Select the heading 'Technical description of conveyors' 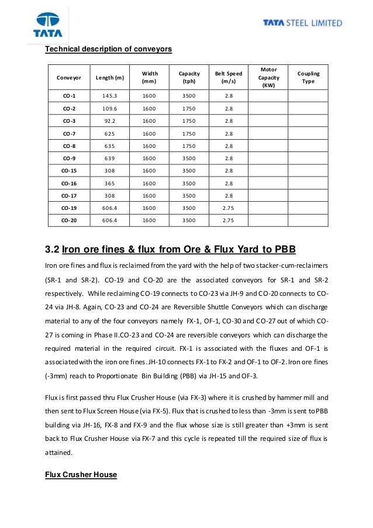tap(109, 50)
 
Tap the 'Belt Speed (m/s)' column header tap(228, 77)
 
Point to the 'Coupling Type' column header tap(308, 77)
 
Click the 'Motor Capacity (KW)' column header tap(268, 77)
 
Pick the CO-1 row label tap(69, 95)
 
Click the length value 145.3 tap(109, 95)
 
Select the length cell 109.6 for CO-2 tap(109, 108)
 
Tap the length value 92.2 tap(109, 121)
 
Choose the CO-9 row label tap(69, 158)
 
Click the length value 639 tap(109, 158)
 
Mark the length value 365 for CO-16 tap(109, 184)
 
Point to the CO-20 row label tap(69, 220)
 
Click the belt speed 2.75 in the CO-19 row tap(228, 208)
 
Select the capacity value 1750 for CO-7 tap(189, 133)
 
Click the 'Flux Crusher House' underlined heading tap(81, 475)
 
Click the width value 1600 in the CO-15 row tap(149, 171)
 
